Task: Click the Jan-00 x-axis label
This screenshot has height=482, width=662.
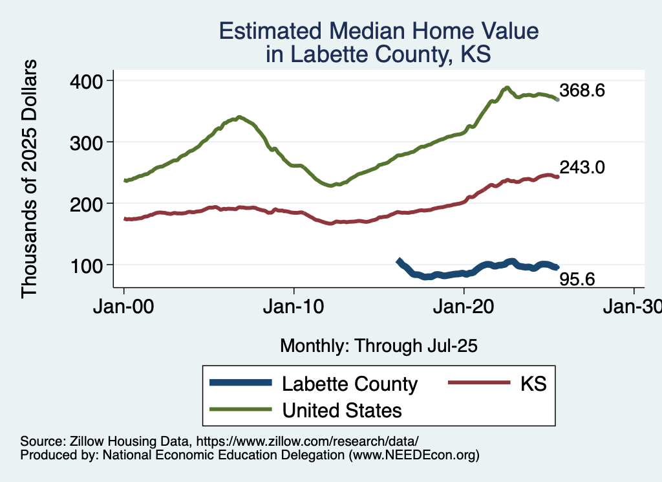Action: pyautogui.click(x=124, y=307)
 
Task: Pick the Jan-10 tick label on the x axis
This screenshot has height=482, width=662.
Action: pyautogui.click(x=294, y=307)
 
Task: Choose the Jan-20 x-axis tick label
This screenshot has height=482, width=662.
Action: pyautogui.click(x=464, y=307)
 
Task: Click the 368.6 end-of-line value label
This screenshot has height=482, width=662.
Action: pyautogui.click(x=582, y=91)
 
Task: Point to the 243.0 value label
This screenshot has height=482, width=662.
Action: pyautogui.click(x=582, y=168)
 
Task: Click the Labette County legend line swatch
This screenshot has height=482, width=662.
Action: pyautogui.click(x=240, y=384)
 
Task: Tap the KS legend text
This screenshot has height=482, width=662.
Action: pyautogui.click(x=533, y=384)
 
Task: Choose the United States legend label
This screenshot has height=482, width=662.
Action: pyautogui.click(x=342, y=410)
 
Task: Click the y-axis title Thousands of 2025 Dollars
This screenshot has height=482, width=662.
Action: pyautogui.click(x=30, y=179)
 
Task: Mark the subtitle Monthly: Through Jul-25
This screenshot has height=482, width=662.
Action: pyautogui.click(x=378, y=346)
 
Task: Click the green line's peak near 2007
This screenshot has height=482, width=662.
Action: pyautogui.click(x=239, y=117)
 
